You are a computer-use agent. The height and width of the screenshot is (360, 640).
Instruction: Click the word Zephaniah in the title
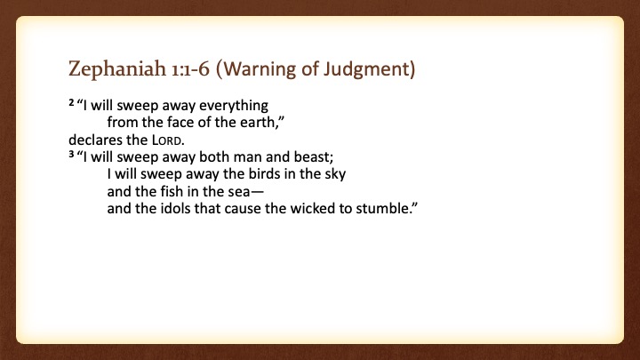click(x=117, y=68)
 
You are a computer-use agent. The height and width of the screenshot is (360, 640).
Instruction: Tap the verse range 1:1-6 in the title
click(x=190, y=68)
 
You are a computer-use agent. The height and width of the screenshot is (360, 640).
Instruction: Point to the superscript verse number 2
click(x=71, y=102)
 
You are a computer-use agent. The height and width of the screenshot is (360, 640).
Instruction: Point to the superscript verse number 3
click(x=71, y=154)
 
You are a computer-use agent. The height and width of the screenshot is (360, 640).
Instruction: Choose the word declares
click(x=95, y=140)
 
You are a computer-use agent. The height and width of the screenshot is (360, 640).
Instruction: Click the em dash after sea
click(x=258, y=192)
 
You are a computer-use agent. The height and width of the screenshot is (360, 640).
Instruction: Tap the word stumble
click(x=382, y=209)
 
